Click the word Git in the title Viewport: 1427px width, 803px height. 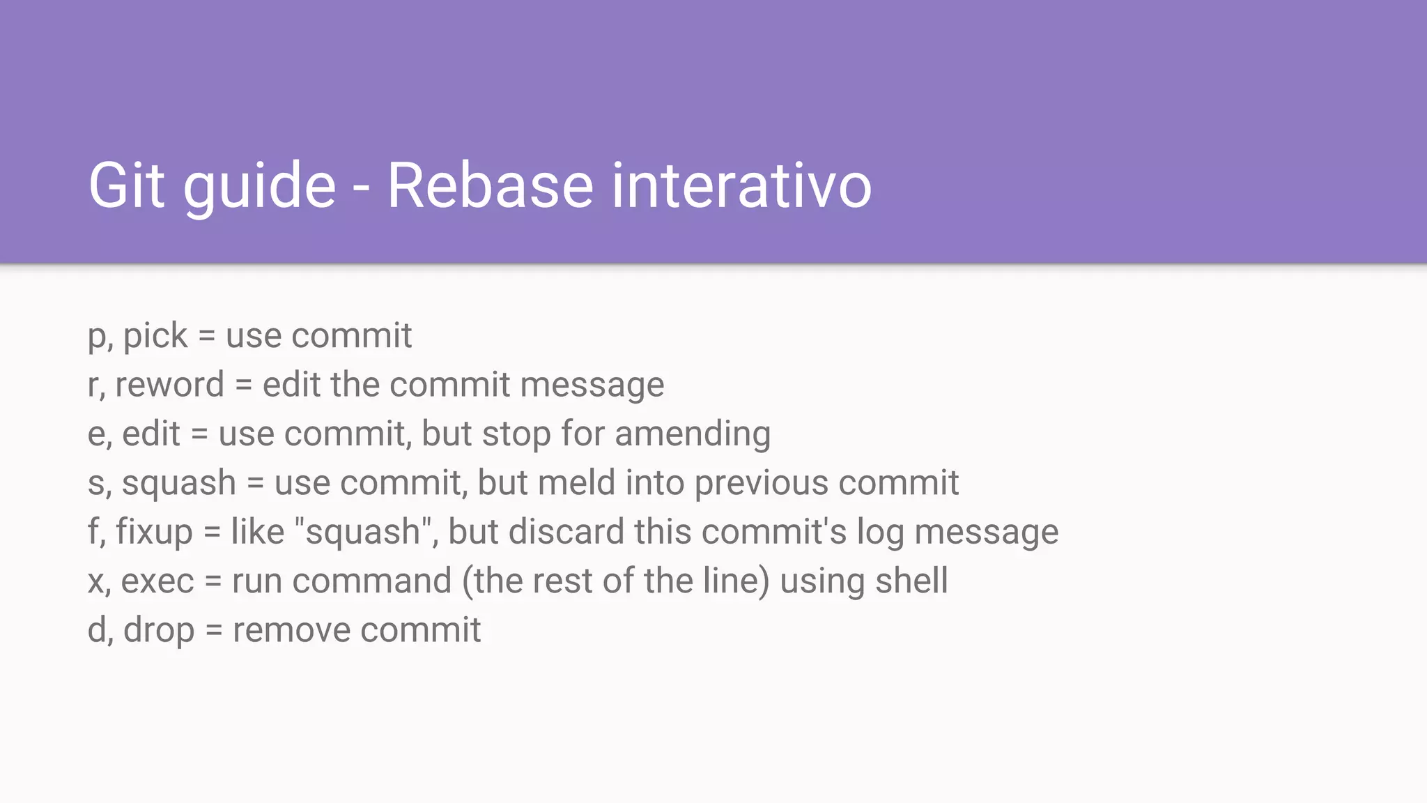pos(126,185)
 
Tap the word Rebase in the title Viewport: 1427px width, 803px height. pos(490,185)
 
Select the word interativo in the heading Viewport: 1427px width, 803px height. pos(741,185)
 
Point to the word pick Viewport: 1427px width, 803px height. pos(155,337)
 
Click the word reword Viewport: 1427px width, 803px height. pos(169,385)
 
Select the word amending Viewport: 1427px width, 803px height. pos(693,435)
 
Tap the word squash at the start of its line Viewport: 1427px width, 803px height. pos(179,483)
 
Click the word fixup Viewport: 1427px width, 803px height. pos(154,532)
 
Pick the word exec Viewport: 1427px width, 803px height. pos(157,581)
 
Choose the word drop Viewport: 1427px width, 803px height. pos(159,631)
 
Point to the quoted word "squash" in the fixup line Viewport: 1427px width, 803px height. pos(363,532)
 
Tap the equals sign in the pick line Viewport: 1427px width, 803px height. pos(206,336)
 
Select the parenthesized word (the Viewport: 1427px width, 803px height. pos(493,581)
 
